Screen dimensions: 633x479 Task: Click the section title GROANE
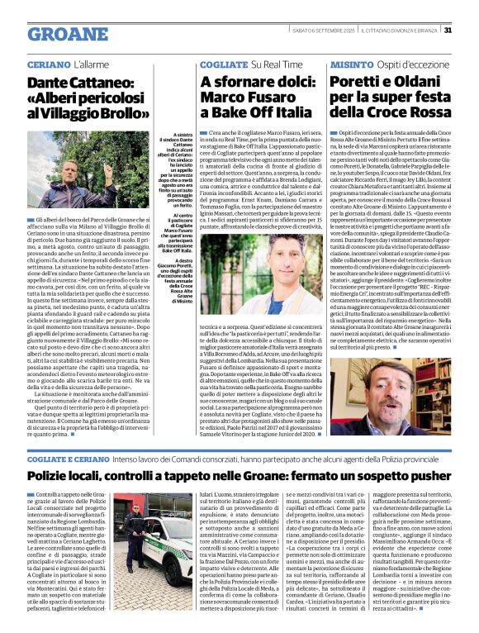coord(68,34)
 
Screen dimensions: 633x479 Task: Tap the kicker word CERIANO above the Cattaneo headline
coord(45,64)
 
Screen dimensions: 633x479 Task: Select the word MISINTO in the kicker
coord(351,64)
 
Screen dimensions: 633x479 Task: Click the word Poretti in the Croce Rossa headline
coord(359,82)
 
